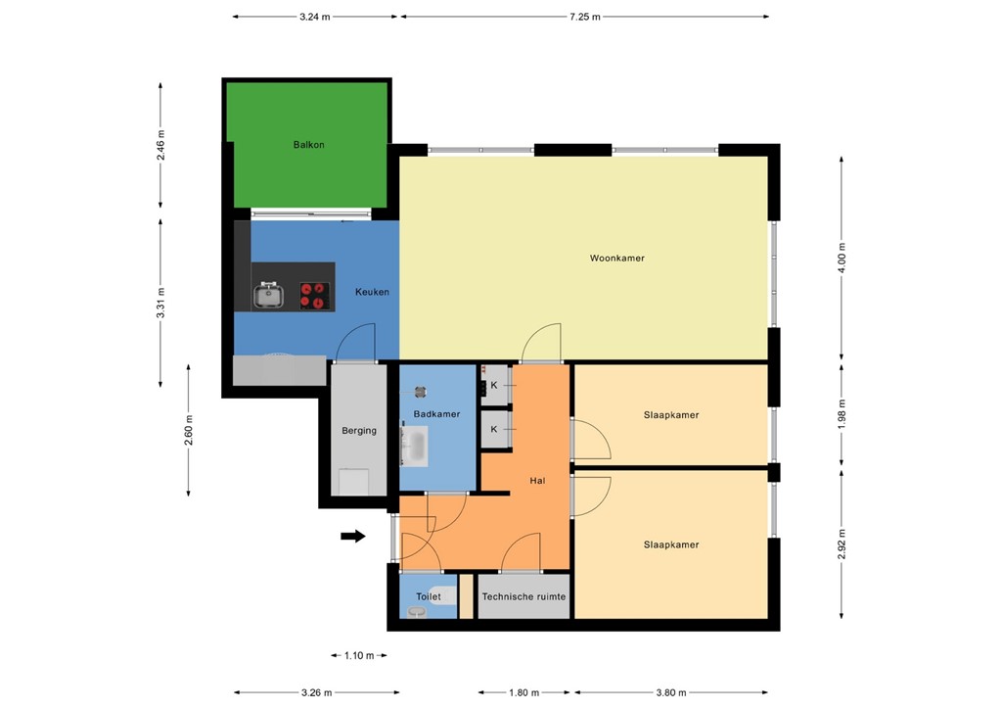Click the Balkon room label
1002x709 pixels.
pyautogui.click(x=308, y=145)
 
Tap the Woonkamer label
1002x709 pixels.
pyautogui.click(x=616, y=259)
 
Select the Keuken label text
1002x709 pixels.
pyautogui.click(x=372, y=292)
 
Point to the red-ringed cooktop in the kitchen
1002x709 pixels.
pyautogui.click(x=313, y=295)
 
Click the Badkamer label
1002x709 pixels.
pyautogui.click(x=436, y=414)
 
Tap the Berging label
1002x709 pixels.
pyautogui.click(x=359, y=430)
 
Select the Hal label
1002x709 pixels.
pyautogui.click(x=537, y=481)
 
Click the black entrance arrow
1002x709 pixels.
pyautogui.click(x=353, y=536)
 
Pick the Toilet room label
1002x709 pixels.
pyautogui.click(x=429, y=596)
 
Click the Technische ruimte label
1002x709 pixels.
pyautogui.click(x=524, y=596)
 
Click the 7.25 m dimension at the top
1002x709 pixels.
pyautogui.click(x=583, y=17)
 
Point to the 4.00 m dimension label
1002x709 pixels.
pyautogui.click(x=843, y=256)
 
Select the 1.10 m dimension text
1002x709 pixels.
pyautogui.click(x=359, y=655)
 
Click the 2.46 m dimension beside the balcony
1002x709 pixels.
pyautogui.click(x=161, y=145)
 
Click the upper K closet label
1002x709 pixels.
pyautogui.click(x=493, y=386)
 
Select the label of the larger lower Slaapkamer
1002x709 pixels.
pyautogui.click(x=671, y=544)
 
